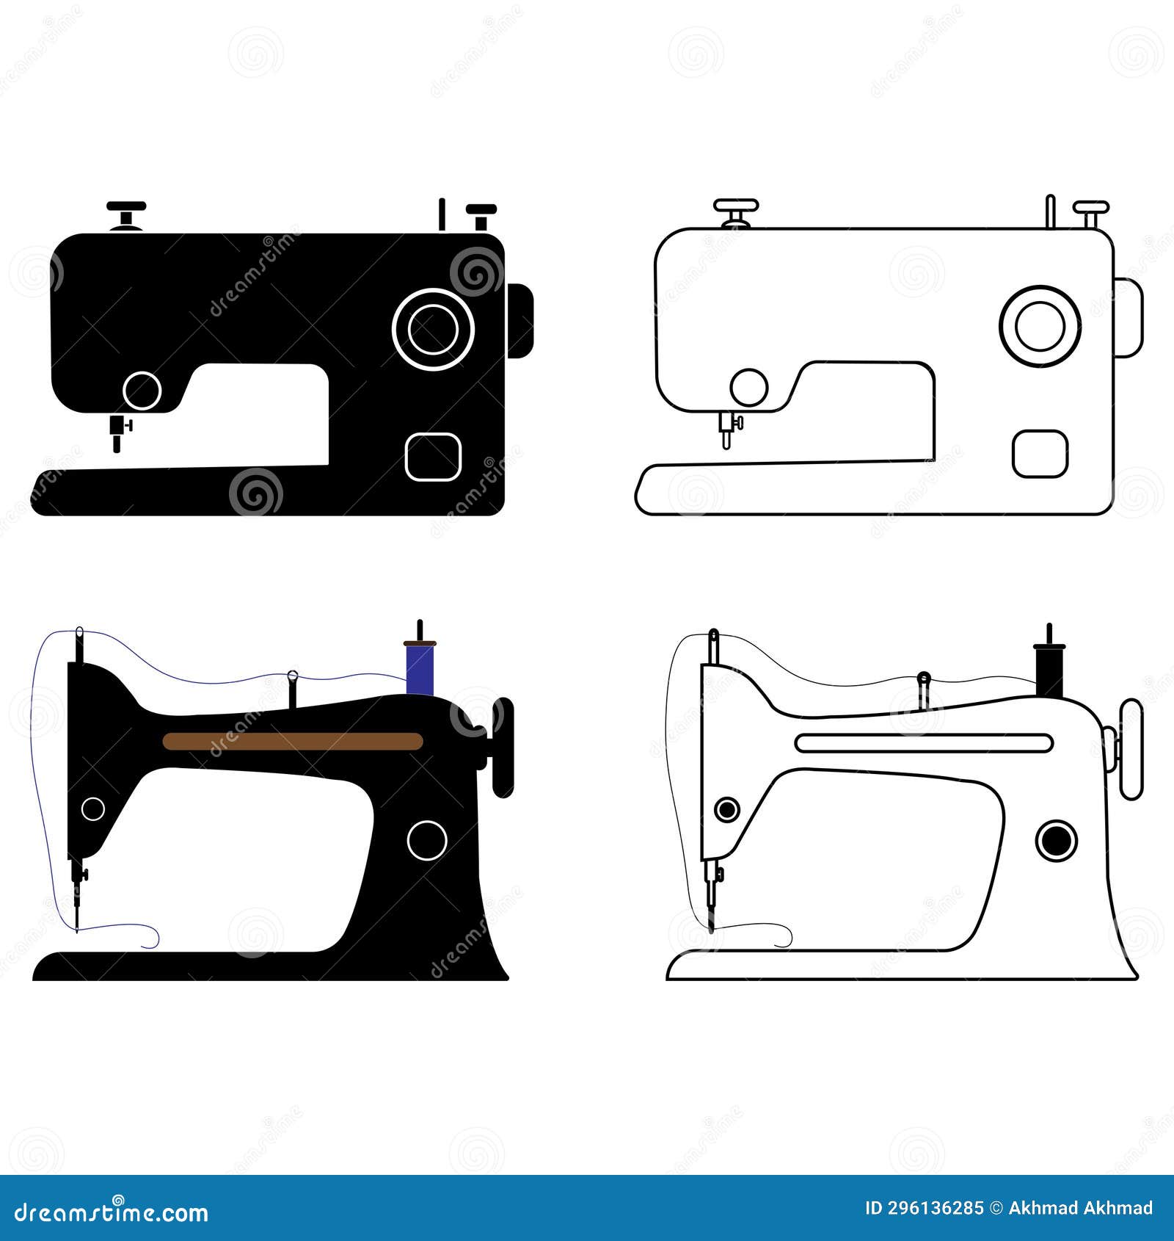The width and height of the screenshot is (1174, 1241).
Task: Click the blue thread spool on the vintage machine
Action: click(420, 668)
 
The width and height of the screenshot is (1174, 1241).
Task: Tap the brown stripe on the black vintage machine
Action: click(293, 741)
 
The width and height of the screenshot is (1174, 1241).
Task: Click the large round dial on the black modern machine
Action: click(433, 329)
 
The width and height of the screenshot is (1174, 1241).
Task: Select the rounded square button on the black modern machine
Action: click(433, 457)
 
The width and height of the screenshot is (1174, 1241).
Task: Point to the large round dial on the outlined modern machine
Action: click(1040, 326)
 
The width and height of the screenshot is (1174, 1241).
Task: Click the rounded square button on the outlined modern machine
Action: click(1040, 454)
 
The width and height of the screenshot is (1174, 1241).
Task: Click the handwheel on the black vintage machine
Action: click(503, 748)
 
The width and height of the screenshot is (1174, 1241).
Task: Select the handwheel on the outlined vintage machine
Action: click(1131, 749)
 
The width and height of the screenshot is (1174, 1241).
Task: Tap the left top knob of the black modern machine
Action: click(126, 214)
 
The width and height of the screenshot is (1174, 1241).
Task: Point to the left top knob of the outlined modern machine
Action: click(736, 211)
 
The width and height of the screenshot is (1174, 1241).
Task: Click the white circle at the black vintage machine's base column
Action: click(427, 840)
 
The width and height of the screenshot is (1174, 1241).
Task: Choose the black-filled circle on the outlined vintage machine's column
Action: click(1057, 841)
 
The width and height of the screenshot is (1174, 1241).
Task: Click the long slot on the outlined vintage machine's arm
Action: click(924, 742)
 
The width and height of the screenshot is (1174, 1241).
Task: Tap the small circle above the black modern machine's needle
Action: click(142, 390)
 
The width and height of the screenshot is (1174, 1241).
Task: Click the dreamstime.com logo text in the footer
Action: click(112, 1213)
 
